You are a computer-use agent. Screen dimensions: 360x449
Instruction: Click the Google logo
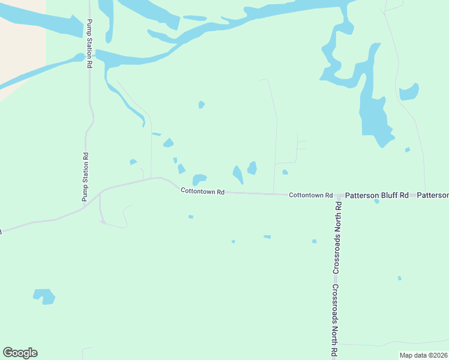20,353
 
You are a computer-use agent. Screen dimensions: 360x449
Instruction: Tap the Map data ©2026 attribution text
423,355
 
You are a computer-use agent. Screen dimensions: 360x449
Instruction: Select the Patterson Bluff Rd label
377,196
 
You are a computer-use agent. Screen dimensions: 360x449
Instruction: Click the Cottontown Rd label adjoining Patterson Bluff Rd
310,195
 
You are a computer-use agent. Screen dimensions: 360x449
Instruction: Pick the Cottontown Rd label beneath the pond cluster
203,191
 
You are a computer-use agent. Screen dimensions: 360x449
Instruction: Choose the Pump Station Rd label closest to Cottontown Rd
85,177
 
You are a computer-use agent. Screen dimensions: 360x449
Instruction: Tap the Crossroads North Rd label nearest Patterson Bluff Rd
338,238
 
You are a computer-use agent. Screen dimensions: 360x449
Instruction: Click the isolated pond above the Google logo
44,296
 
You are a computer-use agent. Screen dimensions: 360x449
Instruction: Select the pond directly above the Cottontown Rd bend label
199,179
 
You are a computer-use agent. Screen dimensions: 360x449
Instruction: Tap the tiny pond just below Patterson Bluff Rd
376,202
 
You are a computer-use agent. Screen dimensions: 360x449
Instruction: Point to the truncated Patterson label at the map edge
433,196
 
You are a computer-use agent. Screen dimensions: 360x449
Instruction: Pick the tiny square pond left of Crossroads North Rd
314,241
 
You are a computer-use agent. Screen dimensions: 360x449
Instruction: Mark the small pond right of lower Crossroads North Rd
399,278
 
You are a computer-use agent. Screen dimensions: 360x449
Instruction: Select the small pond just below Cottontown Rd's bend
191,217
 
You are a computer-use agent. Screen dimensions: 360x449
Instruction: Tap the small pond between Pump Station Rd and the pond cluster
133,162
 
